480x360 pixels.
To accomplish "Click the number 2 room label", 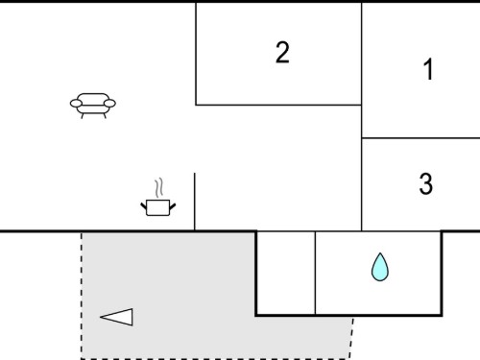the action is pos(282,52).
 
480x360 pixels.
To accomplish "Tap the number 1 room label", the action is pos(428,69).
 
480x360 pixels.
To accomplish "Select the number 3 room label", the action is pos(426,183).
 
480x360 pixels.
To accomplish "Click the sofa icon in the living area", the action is pos(93,106).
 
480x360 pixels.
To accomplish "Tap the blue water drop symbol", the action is pos(380,267).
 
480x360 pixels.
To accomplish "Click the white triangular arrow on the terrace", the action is pos(116,317).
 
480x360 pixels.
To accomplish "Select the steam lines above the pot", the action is pos(159,188).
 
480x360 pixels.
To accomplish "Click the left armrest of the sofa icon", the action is pos(76,104).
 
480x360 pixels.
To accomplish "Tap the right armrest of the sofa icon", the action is pos(109,104).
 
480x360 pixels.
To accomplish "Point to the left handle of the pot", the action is pos(144,206).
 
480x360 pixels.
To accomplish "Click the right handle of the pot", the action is pos(173,206).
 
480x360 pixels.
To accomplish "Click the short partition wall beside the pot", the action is pos(195,202).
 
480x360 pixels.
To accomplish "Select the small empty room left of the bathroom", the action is pos(286,273).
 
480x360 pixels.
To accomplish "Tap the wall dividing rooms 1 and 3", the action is pos(420,138).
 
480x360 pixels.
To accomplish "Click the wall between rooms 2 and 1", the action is pos(362,54).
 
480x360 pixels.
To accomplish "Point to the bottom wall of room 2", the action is pos(278,105).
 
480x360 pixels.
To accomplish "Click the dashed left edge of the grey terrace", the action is pos(82,295).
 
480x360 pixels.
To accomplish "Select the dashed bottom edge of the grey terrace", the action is pos(215,358).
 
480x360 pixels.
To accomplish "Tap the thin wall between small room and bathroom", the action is pos(315,273).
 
